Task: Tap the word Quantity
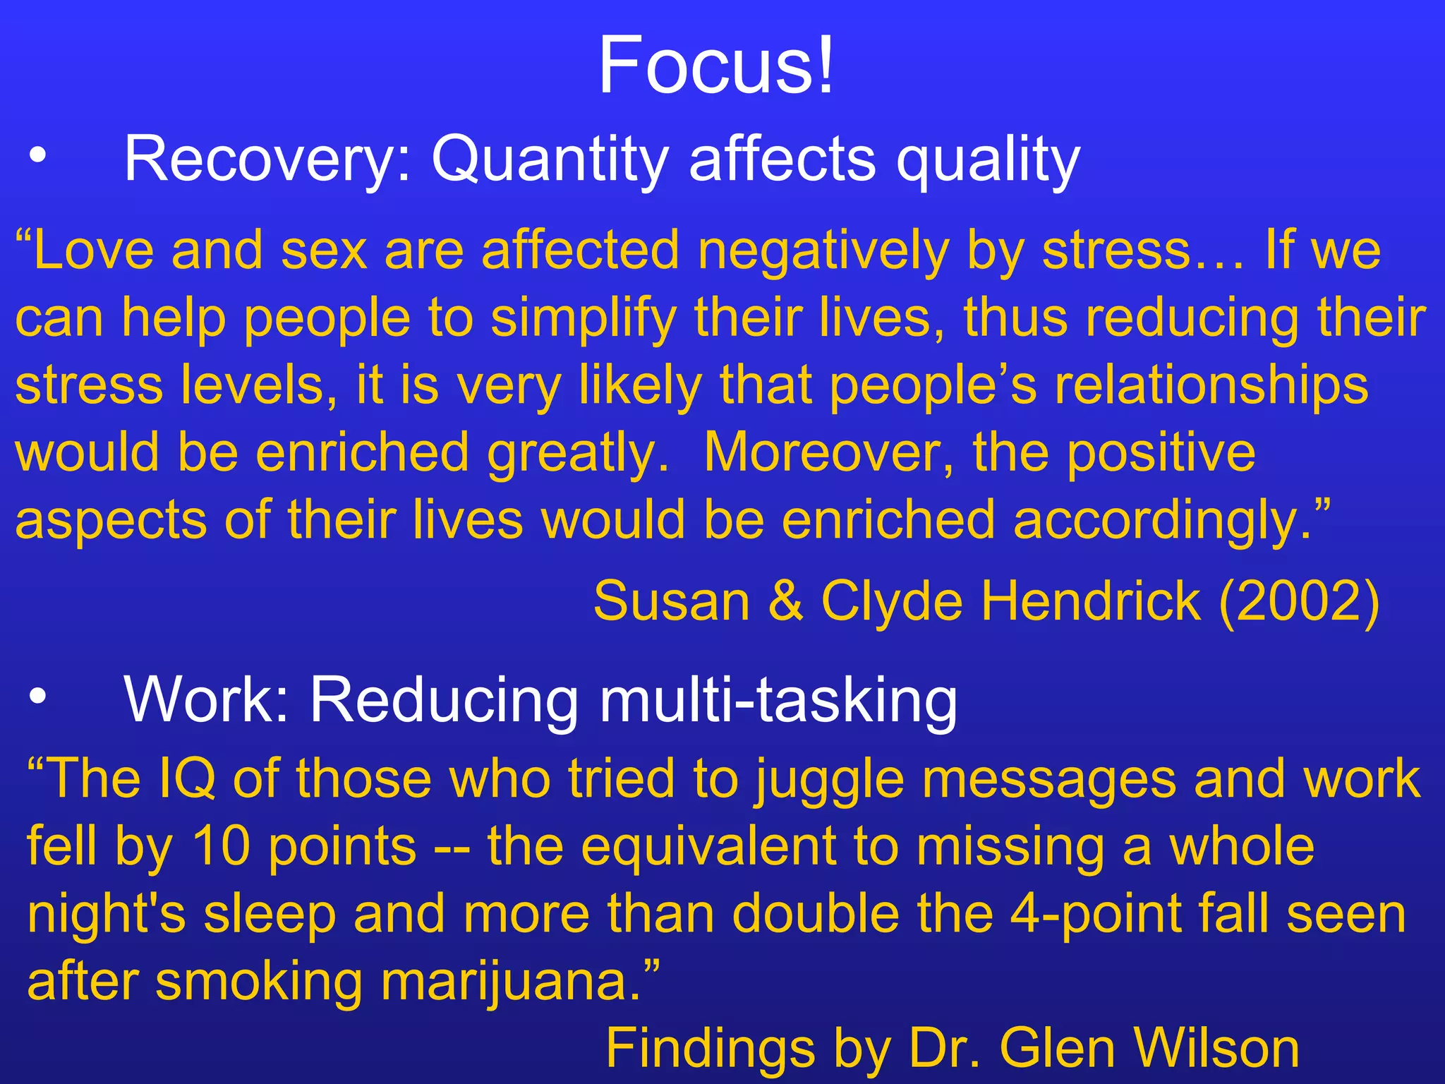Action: click(550, 161)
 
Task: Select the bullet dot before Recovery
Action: click(38, 155)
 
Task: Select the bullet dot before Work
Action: click(38, 696)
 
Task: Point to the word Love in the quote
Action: click(93, 250)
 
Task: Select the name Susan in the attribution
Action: click(671, 601)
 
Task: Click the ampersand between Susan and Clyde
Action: click(785, 601)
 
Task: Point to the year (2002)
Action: click(1299, 601)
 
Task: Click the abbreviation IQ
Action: click(188, 779)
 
